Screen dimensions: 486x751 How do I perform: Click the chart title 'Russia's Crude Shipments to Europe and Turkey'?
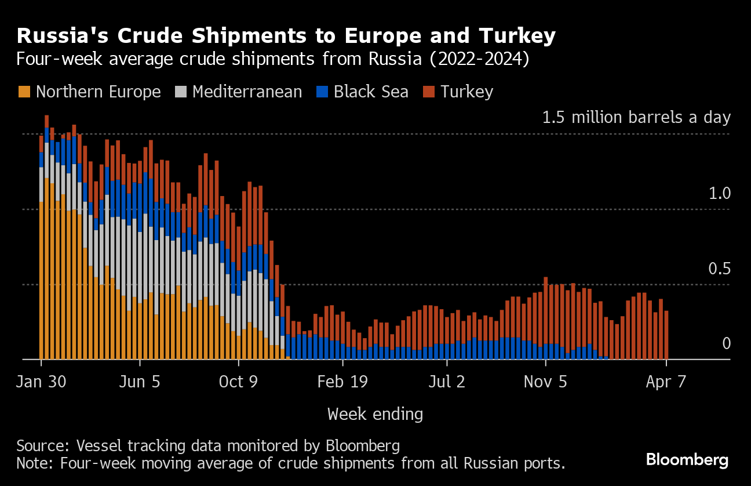286,37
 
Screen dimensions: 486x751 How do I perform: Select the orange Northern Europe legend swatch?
24,92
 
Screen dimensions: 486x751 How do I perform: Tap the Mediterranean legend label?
247,92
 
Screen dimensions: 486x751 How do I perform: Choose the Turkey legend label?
466,92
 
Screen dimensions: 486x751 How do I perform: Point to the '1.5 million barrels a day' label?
636,118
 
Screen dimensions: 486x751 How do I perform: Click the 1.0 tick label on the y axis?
720,194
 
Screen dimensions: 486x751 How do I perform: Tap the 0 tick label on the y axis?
726,344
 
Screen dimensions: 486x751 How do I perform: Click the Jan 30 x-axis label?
41,382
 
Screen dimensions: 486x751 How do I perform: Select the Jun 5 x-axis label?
140,382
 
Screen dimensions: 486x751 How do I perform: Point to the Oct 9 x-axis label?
239,382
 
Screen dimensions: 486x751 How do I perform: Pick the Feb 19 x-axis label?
342,382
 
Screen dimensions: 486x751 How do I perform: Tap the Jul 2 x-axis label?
447,382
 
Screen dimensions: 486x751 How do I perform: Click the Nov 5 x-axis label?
546,382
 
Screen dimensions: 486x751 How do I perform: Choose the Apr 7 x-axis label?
666,382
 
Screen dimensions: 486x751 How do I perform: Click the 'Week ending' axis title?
375,414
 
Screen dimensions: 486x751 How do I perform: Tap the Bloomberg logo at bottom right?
687,460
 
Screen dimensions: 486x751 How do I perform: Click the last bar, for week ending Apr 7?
666,335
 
